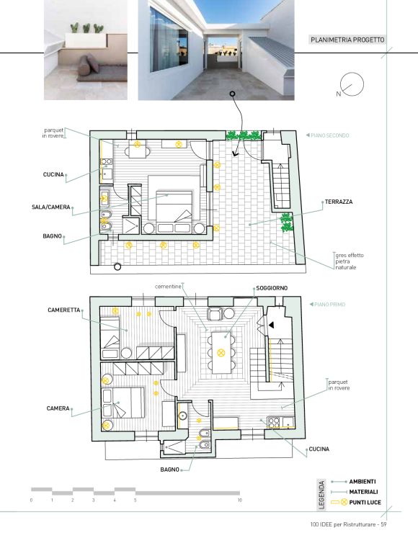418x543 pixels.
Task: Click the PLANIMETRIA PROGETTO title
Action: click(347, 40)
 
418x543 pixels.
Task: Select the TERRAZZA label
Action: click(339, 202)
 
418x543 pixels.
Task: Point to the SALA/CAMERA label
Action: click(51, 207)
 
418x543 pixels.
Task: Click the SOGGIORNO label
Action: click(272, 288)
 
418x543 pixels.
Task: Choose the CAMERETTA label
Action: click(63, 310)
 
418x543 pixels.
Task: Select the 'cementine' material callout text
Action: click(168, 287)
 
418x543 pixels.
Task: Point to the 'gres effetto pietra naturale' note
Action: click(350, 261)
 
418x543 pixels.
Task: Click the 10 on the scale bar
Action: click(239, 500)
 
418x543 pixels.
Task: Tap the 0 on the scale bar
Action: click(32, 500)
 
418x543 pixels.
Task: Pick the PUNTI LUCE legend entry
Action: click(365, 502)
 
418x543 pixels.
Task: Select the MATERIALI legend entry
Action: click(363, 492)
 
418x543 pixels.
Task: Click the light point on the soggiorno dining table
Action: click(221, 353)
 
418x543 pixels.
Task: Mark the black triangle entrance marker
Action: click(272, 325)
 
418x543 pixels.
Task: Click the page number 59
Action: click(383, 524)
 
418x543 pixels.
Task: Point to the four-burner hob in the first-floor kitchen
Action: click(274, 422)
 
